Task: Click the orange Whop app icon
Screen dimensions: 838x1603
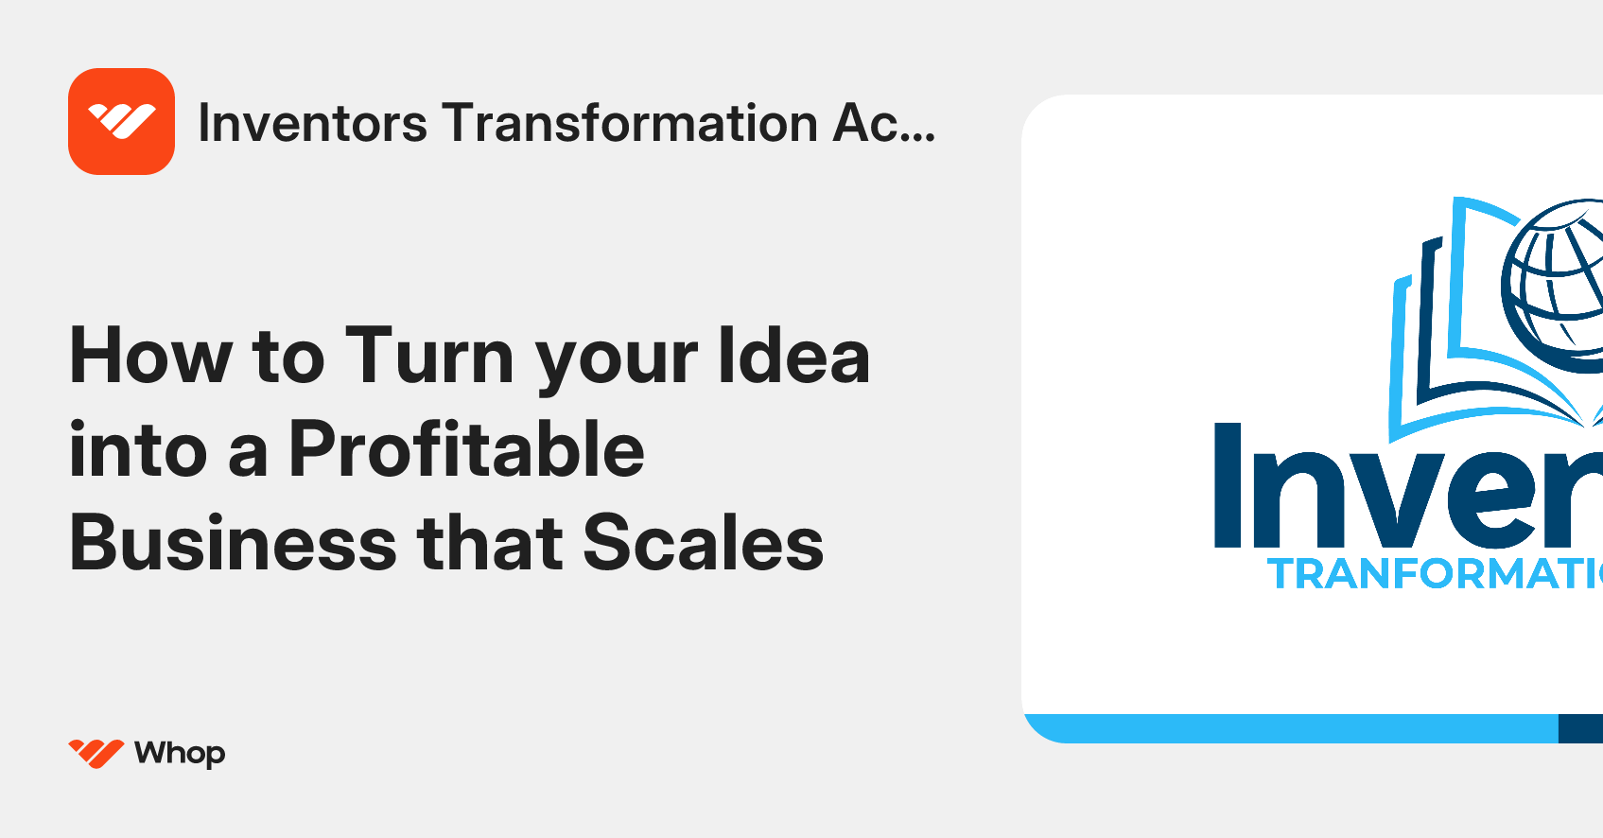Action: (121, 121)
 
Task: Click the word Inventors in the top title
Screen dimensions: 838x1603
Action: (312, 124)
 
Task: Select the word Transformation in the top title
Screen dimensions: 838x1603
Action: (630, 124)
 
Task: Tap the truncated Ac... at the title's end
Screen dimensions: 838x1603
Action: (883, 124)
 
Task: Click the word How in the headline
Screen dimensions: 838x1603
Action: (150, 357)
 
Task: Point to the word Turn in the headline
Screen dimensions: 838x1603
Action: (429, 357)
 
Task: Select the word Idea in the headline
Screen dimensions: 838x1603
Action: (793, 357)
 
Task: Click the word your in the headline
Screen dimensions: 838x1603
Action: (617, 364)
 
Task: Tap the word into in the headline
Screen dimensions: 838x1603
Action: (138, 450)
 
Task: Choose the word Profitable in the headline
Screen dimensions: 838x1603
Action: (466, 450)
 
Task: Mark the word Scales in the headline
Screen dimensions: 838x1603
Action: (703, 544)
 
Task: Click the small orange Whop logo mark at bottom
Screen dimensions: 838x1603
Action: (96, 753)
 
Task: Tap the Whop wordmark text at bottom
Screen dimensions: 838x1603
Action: (180, 754)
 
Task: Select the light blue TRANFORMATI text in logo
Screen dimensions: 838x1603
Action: (1434, 574)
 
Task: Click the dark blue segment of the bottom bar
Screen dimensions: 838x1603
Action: (1580, 728)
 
